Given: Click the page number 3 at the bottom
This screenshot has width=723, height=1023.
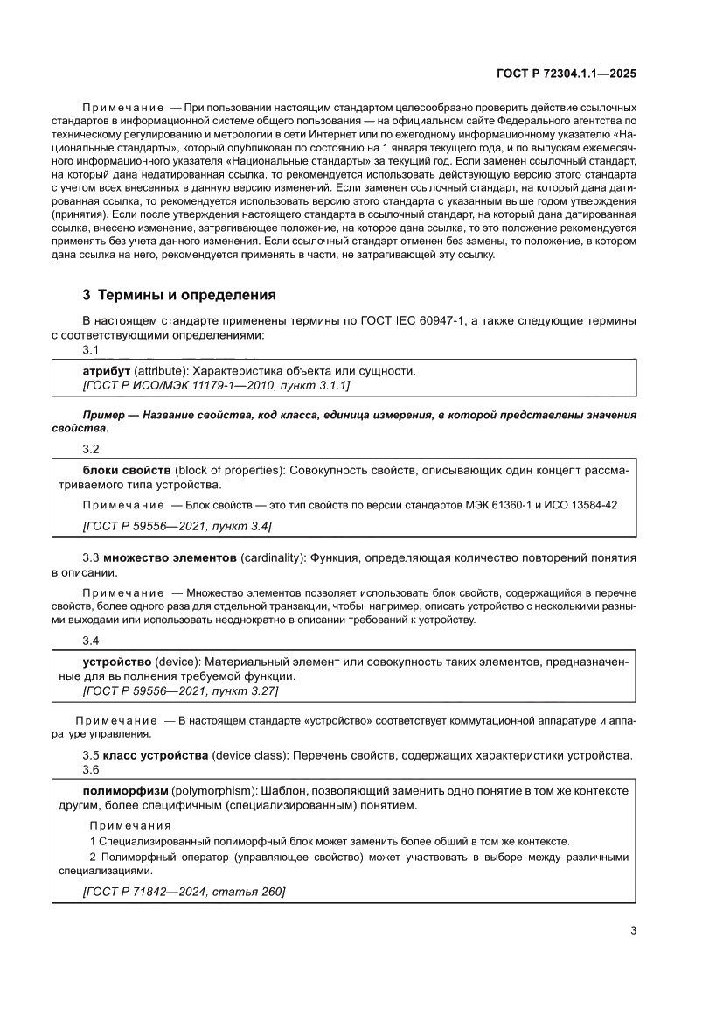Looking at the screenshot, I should click(x=633, y=930).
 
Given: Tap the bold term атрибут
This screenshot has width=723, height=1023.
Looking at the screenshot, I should click(x=106, y=370).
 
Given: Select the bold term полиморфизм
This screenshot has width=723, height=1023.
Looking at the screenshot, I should click(x=124, y=789).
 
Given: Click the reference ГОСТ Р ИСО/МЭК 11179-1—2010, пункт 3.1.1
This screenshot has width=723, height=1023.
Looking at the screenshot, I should click(x=216, y=385).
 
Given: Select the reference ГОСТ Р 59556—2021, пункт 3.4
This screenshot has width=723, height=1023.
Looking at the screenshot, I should click(x=177, y=526).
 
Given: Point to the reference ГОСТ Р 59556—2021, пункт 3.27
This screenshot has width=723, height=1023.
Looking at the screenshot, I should click(x=180, y=690).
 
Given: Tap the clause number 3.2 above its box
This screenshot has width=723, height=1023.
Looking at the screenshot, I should click(x=91, y=449).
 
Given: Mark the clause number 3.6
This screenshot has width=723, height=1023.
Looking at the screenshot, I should click(x=91, y=769).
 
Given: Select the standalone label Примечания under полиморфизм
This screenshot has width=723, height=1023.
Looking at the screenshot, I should click(x=130, y=825).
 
